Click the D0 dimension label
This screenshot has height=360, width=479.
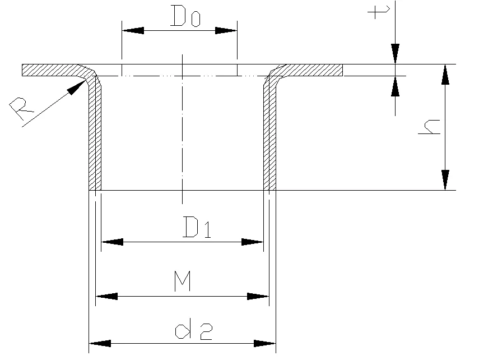(185, 16)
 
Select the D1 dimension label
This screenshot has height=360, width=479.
(197, 227)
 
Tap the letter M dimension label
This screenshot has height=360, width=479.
(183, 281)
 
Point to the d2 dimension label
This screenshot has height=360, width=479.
(193, 329)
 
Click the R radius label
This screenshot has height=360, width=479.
(21, 108)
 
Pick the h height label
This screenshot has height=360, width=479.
(429, 127)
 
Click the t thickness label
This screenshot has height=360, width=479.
(379, 12)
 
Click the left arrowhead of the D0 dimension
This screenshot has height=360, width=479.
(133, 31)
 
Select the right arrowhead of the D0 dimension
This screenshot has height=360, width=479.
(226, 31)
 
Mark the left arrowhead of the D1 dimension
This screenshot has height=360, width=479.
(112, 242)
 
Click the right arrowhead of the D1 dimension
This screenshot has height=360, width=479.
(252, 242)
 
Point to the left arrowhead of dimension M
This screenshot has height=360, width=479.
(106, 297)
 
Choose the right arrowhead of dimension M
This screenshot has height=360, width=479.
(258, 297)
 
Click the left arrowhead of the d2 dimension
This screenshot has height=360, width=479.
(100, 344)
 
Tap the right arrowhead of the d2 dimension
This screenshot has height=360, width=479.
(265, 344)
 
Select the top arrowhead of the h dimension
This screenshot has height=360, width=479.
(445, 75)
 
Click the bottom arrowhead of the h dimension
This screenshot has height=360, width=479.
(445, 180)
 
